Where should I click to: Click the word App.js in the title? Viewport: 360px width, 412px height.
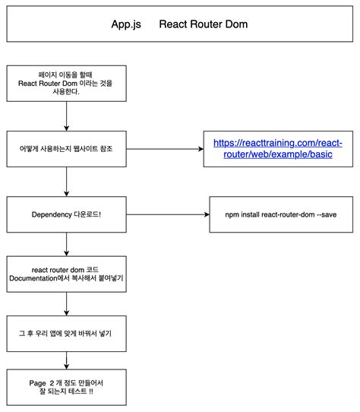(126, 24)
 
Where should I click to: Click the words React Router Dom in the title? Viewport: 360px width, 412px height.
(204, 24)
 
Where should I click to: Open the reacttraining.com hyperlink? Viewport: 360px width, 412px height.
(277, 148)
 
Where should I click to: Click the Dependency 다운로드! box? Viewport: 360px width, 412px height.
(68, 215)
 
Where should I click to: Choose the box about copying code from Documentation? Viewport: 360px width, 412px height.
(68, 274)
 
